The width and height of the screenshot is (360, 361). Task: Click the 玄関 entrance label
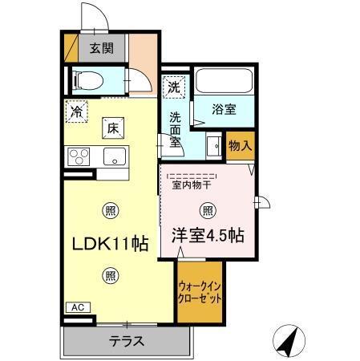(101, 47)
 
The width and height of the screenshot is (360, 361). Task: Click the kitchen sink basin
(112, 156)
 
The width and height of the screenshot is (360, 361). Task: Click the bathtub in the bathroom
(225, 81)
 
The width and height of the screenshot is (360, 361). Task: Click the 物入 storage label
(240, 145)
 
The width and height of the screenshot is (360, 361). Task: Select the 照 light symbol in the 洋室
(208, 210)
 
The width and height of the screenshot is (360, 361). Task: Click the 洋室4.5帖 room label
(208, 236)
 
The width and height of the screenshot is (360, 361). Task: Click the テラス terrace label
(127, 341)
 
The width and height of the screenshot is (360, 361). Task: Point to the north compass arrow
(289, 340)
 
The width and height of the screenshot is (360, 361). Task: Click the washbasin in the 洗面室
(214, 146)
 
